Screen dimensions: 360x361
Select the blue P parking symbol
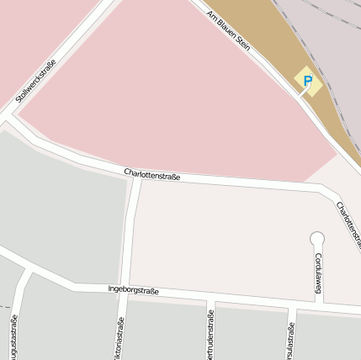click(x=307, y=82)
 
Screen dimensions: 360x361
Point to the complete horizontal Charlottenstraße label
click(x=152, y=174)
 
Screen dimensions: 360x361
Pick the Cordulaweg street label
click(x=319, y=272)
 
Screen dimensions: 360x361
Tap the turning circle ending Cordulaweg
click(x=317, y=239)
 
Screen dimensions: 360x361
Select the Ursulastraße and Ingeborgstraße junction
click(x=291, y=304)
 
